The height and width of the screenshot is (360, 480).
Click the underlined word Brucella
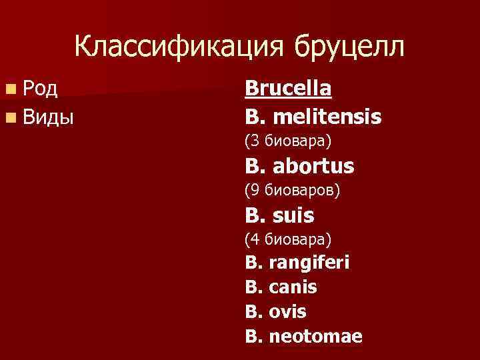pos(289,89)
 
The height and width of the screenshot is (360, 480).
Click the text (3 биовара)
pos(288,141)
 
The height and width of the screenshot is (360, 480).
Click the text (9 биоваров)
pos(292,190)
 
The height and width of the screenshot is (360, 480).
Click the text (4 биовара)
pos(288,238)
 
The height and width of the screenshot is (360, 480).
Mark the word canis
pos(293,287)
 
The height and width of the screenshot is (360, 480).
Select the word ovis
pos(287,312)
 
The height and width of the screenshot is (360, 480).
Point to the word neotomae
pos(315,337)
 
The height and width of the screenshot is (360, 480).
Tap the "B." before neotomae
pos(254,337)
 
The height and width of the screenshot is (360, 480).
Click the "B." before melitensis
pos(256,118)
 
